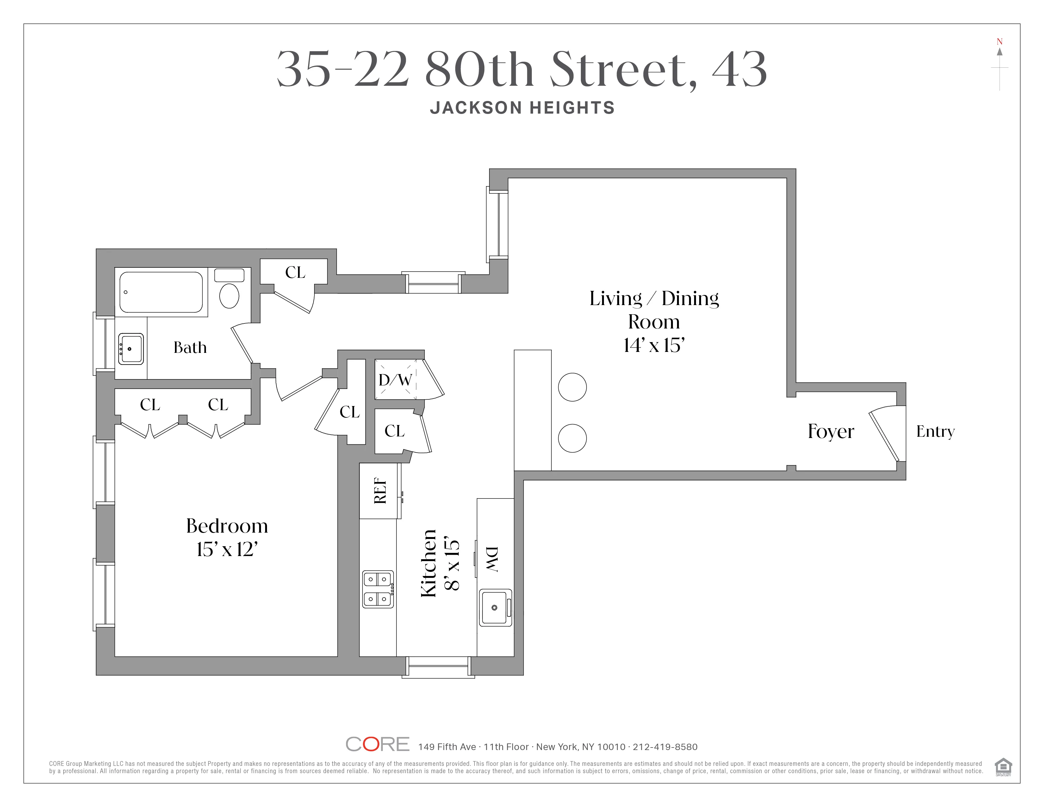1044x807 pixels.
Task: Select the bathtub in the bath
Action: (161, 292)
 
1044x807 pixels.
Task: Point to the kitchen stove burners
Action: (378, 589)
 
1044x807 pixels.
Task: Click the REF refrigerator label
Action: (380, 491)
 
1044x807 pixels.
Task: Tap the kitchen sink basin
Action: (494, 608)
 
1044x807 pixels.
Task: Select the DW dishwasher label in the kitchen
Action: (492, 559)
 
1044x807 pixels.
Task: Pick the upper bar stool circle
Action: (572, 387)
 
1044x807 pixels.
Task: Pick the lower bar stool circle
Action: (572, 438)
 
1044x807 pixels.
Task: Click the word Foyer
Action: (831, 431)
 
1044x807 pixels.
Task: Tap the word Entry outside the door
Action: (935, 431)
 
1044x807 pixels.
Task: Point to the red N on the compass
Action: (999, 41)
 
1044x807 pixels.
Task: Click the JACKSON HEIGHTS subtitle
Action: (522, 108)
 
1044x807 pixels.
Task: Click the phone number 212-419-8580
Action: (665, 747)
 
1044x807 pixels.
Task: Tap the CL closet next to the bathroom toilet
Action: (295, 272)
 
